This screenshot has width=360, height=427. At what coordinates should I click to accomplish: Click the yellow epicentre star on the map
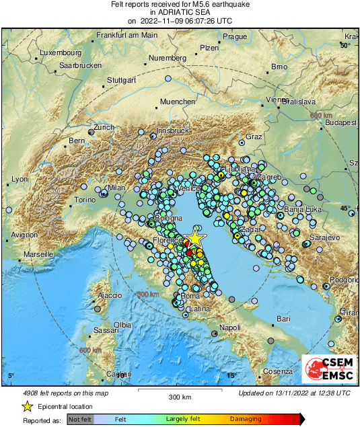coord(194,238)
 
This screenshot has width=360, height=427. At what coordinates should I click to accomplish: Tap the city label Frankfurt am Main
coord(127,35)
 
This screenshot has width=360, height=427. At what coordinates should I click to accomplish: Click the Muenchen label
coord(177,102)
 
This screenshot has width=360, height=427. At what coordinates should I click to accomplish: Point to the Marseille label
coord(38,255)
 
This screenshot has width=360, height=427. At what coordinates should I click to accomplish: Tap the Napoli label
coord(230,327)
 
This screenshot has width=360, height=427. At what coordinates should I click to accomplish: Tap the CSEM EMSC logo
coord(328,368)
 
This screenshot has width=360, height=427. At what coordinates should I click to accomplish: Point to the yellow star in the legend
coord(27,406)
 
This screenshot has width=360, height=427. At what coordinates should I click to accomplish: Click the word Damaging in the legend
coord(246,419)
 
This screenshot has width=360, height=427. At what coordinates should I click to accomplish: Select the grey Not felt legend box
coord(80,419)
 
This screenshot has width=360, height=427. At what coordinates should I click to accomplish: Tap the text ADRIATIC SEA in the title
coord(179,12)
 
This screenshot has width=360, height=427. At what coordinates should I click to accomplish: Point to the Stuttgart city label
coord(122,80)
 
